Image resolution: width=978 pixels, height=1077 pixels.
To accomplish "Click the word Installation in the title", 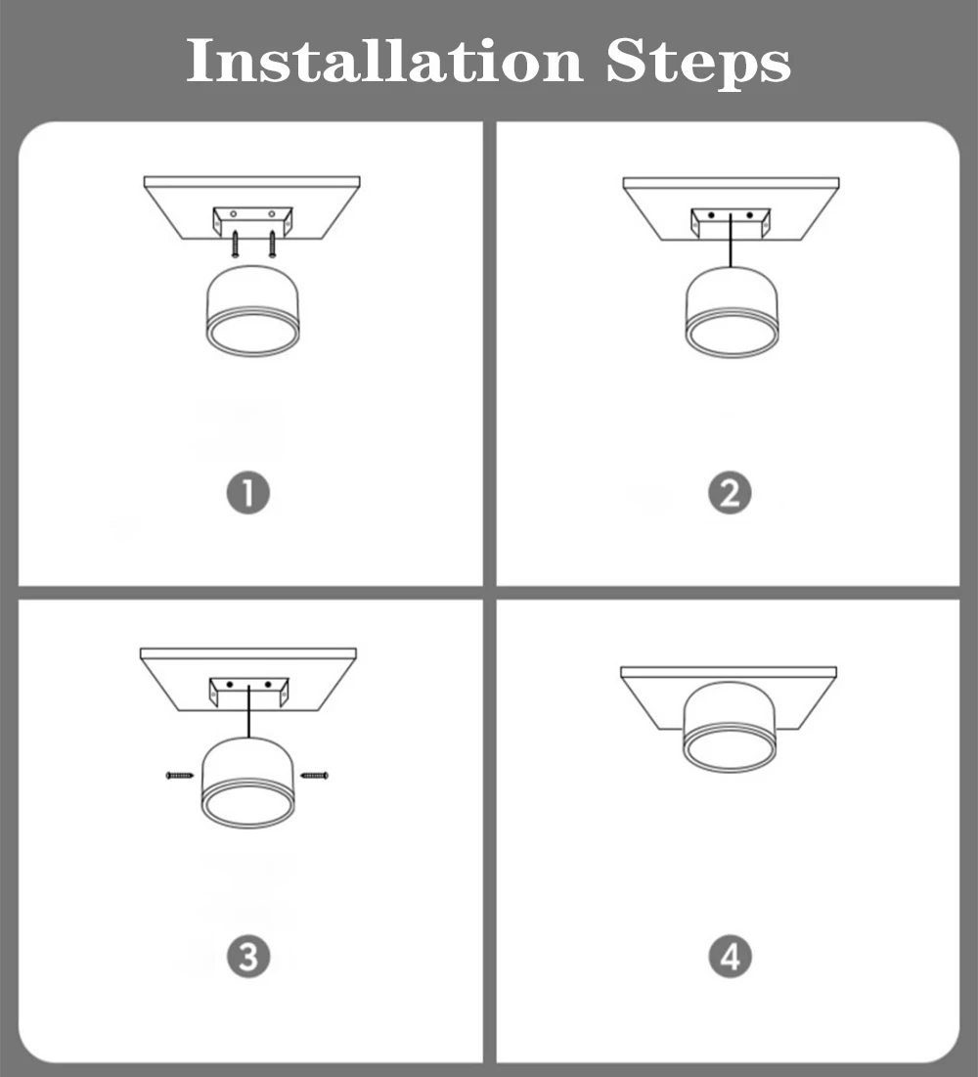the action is tap(384, 61).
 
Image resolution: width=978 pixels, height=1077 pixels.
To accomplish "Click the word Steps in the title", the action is tap(698, 64).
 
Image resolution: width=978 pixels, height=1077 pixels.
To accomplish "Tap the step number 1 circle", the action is tap(248, 492).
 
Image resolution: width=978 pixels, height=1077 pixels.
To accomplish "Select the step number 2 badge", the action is tap(730, 492).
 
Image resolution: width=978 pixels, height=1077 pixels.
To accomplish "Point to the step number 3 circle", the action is tap(248, 956).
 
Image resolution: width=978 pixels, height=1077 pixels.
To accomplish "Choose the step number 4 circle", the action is tap(730, 956).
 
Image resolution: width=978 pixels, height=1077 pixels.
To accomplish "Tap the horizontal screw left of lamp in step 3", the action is tap(180, 776).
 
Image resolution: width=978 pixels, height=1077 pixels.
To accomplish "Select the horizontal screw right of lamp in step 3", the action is tap(315, 776).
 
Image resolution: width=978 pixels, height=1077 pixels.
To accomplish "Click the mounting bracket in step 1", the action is tap(252, 221).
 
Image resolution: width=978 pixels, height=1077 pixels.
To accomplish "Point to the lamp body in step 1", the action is tap(252, 310).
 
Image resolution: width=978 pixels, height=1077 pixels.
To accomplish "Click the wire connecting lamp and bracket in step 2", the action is tap(731, 241).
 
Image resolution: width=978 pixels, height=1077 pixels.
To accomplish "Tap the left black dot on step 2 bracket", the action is tap(712, 215).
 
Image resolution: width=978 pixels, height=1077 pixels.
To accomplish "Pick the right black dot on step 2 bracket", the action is tap(749, 215).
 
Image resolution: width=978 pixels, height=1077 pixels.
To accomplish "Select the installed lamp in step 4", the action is tap(730, 727).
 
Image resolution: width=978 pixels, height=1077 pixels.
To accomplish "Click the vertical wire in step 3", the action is tap(248, 711).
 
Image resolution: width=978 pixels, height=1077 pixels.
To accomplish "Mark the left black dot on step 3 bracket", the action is tap(230, 685).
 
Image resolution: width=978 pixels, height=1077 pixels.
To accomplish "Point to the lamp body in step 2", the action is tap(733, 312).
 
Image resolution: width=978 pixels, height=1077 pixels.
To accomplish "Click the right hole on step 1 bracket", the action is tap(271, 213).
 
